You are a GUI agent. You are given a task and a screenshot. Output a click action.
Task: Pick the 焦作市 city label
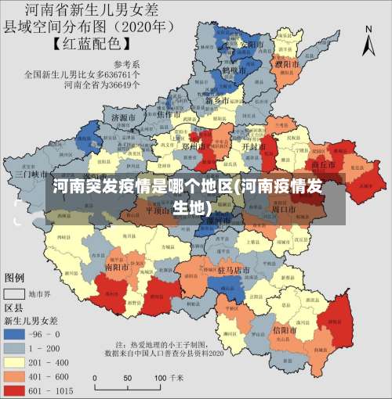(169, 114)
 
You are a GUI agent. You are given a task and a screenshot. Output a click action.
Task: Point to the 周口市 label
(283, 210)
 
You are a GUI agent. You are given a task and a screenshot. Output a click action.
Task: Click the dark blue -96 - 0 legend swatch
(15, 333)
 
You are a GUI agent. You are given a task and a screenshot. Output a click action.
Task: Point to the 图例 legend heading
(15, 278)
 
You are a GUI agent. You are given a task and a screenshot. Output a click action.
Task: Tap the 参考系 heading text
(128, 64)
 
